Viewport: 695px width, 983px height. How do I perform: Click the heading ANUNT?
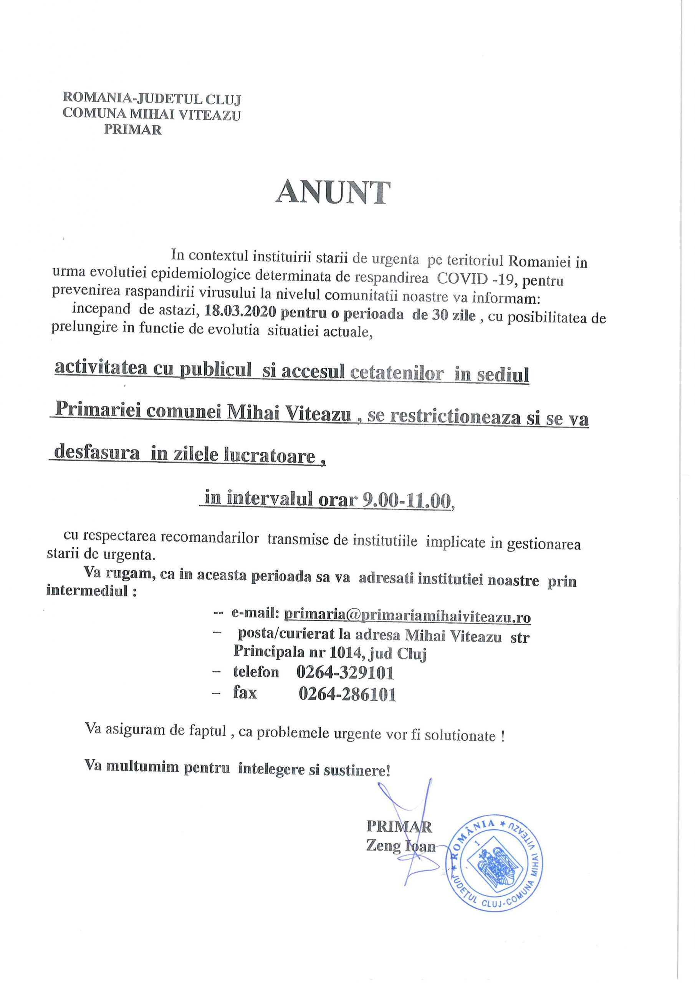click(x=333, y=193)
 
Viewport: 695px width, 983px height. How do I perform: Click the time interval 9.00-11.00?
click(x=407, y=500)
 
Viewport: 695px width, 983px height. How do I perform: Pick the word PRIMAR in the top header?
click(x=133, y=129)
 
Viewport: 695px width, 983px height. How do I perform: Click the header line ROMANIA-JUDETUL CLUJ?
click(x=152, y=99)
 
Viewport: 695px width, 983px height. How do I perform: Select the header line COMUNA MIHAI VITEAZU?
click(x=152, y=114)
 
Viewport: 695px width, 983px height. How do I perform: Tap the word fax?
click(x=245, y=693)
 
